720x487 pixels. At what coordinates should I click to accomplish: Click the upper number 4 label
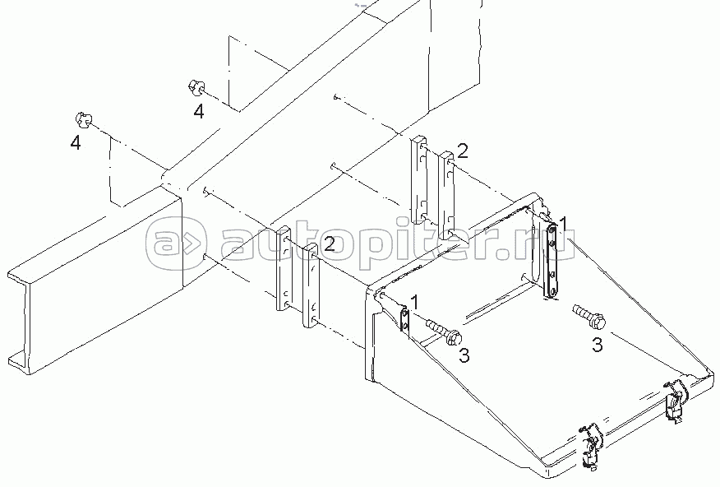tap(199, 112)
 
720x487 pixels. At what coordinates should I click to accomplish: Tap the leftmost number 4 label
tap(76, 142)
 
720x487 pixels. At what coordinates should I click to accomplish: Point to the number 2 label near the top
tap(464, 150)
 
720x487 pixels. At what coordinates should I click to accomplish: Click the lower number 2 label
tap(329, 243)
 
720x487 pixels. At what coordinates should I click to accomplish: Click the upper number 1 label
tap(564, 222)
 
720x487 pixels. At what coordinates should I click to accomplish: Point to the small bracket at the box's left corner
tap(404, 319)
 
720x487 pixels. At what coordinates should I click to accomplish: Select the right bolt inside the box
tap(588, 314)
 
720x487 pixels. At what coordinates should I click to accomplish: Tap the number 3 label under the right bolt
tap(597, 345)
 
